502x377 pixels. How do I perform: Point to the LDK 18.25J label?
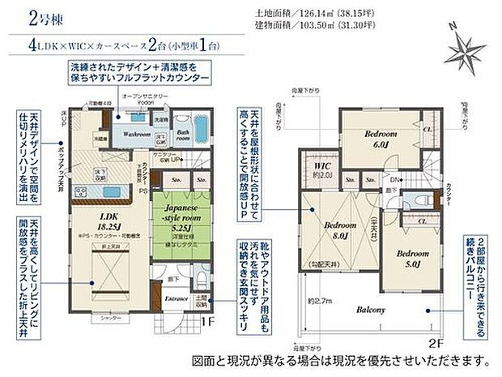coord(110,223)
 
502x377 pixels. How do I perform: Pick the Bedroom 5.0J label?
coord(409,257)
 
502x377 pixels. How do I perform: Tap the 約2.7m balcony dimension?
coord(319,299)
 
